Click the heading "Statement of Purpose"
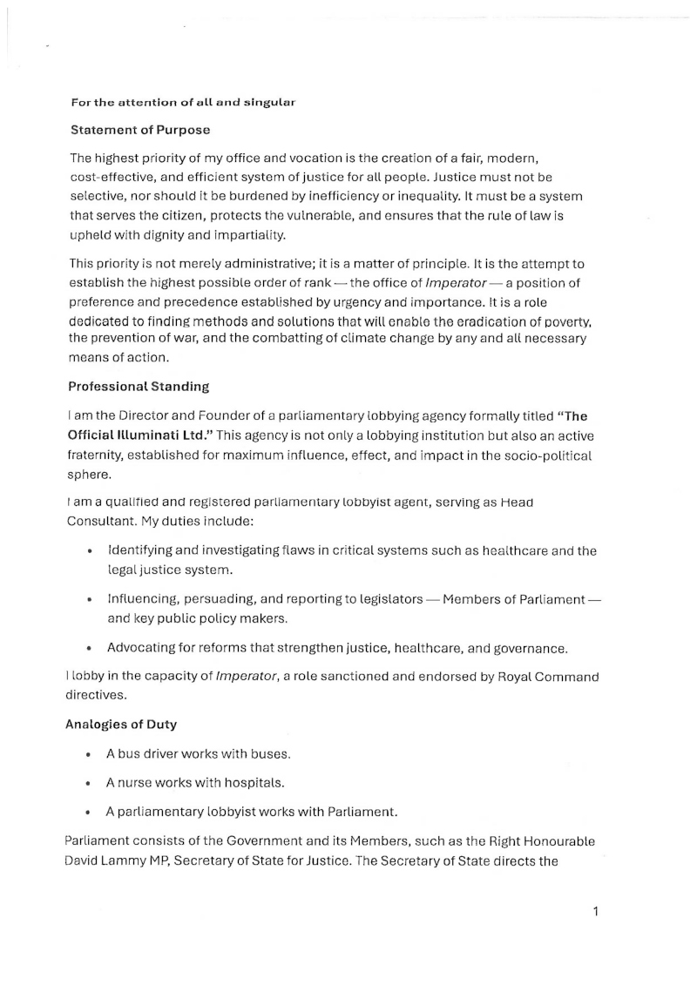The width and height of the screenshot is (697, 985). tap(139, 130)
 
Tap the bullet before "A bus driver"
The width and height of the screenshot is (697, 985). tap(89, 730)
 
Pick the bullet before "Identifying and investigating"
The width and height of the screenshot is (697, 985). tap(89, 551)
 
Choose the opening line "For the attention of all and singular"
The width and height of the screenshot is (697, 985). tap(183, 102)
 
